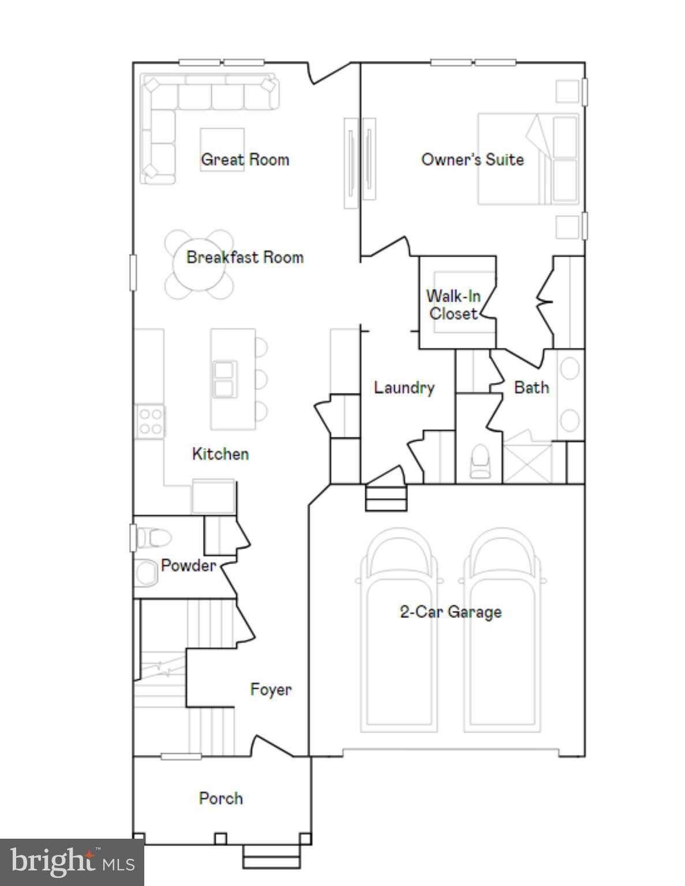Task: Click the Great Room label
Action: click(x=245, y=160)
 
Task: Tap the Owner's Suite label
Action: click(x=472, y=160)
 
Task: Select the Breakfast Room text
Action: click(x=245, y=257)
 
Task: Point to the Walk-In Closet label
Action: click(x=454, y=305)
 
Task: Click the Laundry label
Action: click(x=404, y=388)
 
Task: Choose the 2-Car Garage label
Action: click(x=450, y=612)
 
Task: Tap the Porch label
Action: click(x=220, y=798)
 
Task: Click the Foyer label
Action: click(x=271, y=689)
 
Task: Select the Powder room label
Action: click(x=188, y=565)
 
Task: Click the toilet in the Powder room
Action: click(x=154, y=538)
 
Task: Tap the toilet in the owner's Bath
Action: click(x=480, y=461)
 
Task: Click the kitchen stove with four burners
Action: click(x=150, y=421)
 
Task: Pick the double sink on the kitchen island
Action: click(x=224, y=379)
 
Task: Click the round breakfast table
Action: click(x=199, y=264)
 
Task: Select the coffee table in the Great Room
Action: click(x=222, y=148)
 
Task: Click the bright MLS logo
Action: click(x=72, y=862)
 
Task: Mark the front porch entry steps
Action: click(x=272, y=856)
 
